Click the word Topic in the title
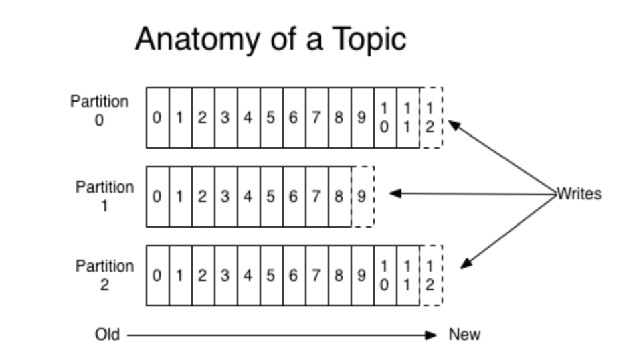click(x=369, y=39)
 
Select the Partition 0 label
click(x=99, y=110)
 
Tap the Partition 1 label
click(x=104, y=196)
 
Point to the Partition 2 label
click(x=104, y=275)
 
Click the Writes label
click(x=579, y=193)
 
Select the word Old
click(x=108, y=335)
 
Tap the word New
click(x=465, y=335)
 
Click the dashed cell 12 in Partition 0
click(x=431, y=118)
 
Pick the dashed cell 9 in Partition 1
click(x=363, y=197)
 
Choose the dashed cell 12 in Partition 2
click(x=431, y=276)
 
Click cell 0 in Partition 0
click(x=158, y=118)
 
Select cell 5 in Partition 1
click(x=272, y=197)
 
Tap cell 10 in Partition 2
click(x=385, y=276)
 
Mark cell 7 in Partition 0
click(x=317, y=118)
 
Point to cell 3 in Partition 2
click(x=226, y=276)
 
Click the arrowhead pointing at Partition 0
click(x=454, y=124)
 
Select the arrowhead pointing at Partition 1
click(x=395, y=193)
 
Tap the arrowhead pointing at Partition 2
click(x=467, y=264)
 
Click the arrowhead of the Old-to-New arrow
click(x=431, y=335)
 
